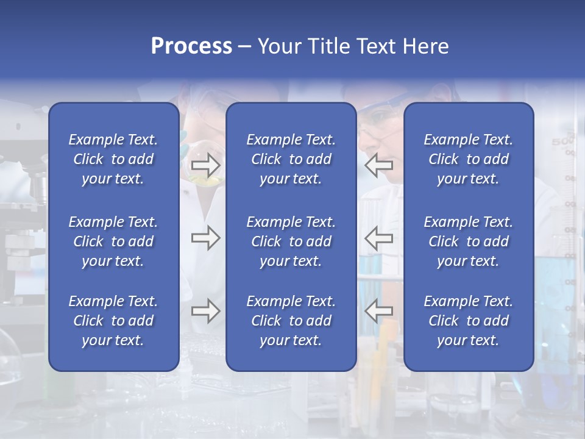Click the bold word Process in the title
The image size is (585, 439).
(x=191, y=46)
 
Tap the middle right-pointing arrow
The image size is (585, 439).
(x=205, y=238)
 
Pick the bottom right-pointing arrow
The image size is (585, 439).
(x=205, y=311)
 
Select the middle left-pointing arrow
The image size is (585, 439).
(x=378, y=238)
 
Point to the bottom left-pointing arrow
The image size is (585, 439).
(x=378, y=311)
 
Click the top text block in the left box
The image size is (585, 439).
(x=113, y=159)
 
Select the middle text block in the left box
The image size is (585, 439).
(x=113, y=241)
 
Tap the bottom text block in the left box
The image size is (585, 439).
(x=113, y=321)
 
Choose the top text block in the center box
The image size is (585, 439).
(x=291, y=159)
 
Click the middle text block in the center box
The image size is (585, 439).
(x=291, y=241)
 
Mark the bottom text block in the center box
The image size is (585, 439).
(x=291, y=321)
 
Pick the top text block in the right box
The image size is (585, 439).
(x=469, y=159)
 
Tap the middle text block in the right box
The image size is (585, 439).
(x=469, y=241)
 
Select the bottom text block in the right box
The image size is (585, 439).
(x=469, y=321)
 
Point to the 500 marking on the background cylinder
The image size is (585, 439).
(x=561, y=142)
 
